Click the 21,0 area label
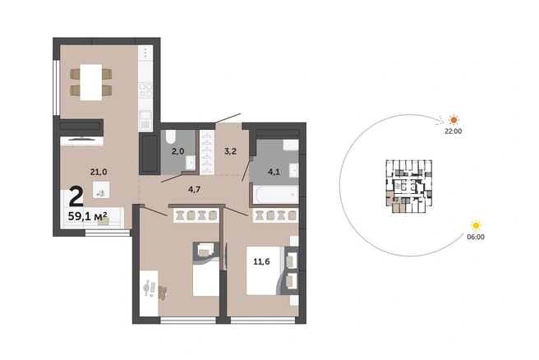[99, 172]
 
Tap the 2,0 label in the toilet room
[178, 151]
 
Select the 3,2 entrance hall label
[230, 151]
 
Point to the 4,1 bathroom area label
[274, 172]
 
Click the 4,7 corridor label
[194, 190]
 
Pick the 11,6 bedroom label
[261, 261]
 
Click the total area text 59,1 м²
[88, 216]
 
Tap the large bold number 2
[76, 196]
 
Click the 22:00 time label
[454, 131]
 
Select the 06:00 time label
[476, 237]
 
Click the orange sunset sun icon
[454, 120]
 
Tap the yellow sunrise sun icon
[476, 225]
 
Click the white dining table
[91, 82]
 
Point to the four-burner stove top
[145, 90]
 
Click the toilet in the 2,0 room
[170, 136]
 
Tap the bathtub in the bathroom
[276, 194]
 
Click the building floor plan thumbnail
[408, 186]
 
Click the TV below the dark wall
[82, 139]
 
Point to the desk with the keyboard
[150, 293]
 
